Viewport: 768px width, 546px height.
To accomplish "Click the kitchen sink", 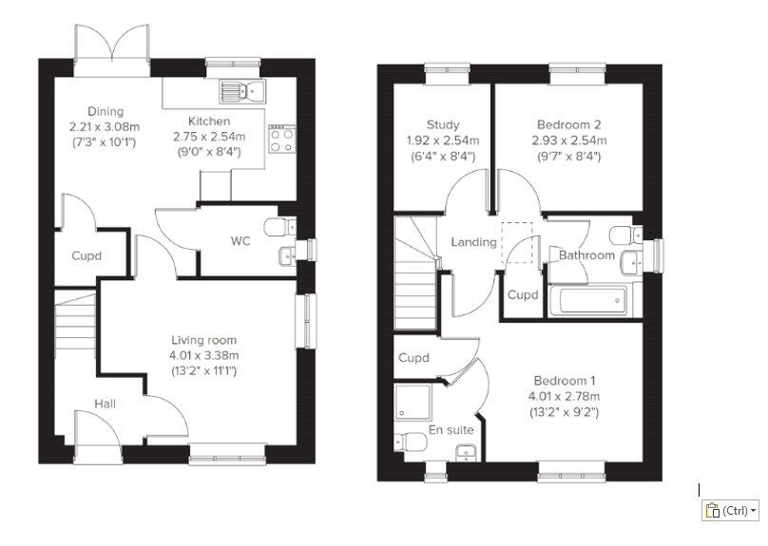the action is click(x=242, y=91).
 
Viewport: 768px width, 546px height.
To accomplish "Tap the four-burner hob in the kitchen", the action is click(x=282, y=140).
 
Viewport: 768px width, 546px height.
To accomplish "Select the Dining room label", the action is click(x=106, y=111).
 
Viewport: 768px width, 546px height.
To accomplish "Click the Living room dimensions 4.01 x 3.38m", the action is click(x=204, y=356).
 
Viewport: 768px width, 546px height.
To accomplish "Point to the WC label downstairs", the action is click(x=240, y=241).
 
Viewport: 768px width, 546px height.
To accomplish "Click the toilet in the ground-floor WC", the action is click(x=280, y=227).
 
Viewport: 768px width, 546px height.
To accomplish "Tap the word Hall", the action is click(x=105, y=404).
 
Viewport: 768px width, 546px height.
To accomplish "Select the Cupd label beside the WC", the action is click(x=86, y=255).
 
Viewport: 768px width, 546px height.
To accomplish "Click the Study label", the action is click(x=443, y=124).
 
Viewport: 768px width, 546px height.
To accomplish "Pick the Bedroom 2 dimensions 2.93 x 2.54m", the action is click(x=569, y=141).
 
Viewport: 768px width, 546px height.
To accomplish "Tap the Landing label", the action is click(x=473, y=242).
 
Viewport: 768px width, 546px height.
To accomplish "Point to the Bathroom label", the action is click(x=586, y=255).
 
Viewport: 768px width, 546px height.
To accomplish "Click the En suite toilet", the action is click(x=411, y=442).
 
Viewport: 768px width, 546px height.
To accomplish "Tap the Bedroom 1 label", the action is click(x=565, y=381).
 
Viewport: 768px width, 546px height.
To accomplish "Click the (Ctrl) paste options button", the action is click(x=730, y=511).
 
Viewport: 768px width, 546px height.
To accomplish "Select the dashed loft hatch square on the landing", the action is click(x=517, y=243).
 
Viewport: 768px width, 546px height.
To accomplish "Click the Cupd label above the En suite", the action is click(x=413, y=358).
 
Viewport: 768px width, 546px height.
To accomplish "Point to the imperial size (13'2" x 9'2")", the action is click(x=565, y=412).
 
